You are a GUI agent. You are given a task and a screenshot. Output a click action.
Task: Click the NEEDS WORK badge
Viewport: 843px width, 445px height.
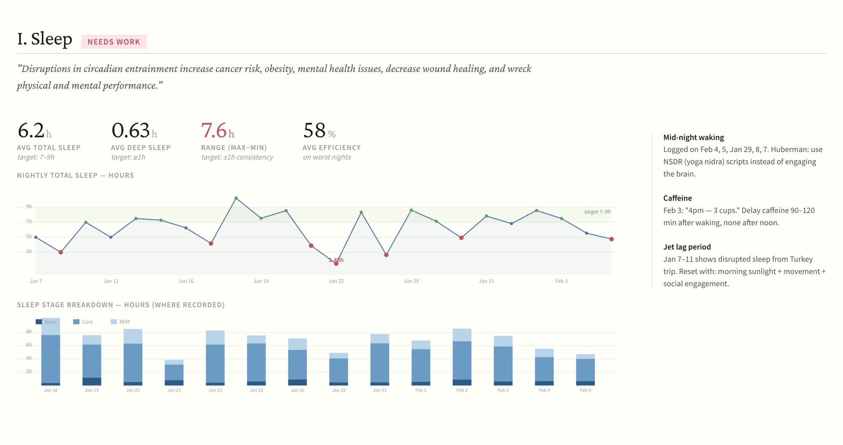[x=113, y=42]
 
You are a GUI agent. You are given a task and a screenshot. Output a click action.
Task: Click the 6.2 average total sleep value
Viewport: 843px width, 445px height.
[x=31, y=131]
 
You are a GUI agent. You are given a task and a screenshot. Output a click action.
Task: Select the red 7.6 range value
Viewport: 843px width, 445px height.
[x=214, y=131]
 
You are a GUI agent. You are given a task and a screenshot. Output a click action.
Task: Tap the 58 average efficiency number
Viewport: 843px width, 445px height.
[x=314, y=131]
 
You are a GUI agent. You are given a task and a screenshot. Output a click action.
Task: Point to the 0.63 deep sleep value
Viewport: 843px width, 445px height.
[x=131, y=131]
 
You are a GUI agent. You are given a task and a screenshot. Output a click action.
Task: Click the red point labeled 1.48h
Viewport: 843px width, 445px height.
[x=336, y=263]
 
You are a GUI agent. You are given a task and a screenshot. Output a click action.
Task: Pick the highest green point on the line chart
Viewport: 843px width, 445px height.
[x=236, y=198]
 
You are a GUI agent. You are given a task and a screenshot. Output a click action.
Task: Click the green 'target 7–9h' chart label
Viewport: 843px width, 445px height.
[x=597, y=212]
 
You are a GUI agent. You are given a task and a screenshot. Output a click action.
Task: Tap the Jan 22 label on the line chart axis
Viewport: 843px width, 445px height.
[x=336, y=281]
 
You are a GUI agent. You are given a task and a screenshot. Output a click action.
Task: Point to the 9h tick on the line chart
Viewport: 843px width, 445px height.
[x=29, y=207]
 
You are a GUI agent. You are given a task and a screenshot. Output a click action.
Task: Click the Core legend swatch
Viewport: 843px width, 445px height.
[x=76, y=322]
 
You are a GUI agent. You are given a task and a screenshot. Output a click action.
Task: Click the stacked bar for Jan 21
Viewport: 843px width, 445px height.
[x=174, y=372]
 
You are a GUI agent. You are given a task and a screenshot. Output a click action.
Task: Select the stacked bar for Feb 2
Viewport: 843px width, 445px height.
[x=462, y=357]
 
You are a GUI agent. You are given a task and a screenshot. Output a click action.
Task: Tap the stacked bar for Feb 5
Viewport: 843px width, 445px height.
[x=585, y=369]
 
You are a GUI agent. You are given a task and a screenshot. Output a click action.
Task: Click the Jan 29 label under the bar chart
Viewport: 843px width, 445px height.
[x=338, y=390]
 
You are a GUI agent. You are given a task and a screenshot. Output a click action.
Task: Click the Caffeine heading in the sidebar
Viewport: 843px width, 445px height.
[x=677, y=198]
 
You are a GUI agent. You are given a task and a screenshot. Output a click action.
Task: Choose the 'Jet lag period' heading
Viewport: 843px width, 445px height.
[x=687, y=247]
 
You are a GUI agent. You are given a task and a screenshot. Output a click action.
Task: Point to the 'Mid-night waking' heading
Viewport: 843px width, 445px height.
[x=693, y=138]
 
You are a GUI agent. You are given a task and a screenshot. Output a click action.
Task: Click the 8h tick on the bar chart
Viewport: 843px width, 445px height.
[x=29, y=332]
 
